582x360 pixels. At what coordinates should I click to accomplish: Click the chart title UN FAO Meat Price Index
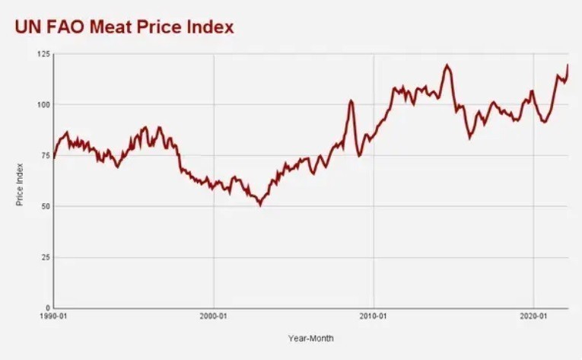pyautogui.click(x=123, y=27)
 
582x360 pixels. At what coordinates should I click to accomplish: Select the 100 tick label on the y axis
pyautogui.click(x=44, y=104)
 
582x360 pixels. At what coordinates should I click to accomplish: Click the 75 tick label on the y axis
pyautogui.click(x=46, y=155)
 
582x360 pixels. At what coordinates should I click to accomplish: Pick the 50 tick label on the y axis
pyautogui.click(x=46, y=206)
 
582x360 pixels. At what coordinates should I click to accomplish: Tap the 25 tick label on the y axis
pyautogui.click(x=46, y=257)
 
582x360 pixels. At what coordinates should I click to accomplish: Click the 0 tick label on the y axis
pyautogui.click(x=47, y=308)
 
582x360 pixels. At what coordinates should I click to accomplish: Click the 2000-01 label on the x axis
pyautogui.click(x=213, y=316)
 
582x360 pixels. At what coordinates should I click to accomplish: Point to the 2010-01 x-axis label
pyautogui.click(x=373, y=316)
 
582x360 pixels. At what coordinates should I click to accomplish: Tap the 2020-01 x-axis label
pyautogui.click(x=533, y=316)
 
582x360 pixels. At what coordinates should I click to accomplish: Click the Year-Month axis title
pyautogui.click(x=310, y=338)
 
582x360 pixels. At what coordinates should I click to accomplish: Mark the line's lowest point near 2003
pyautogui.click(x=260, y=205)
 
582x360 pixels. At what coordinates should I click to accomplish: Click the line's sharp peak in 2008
pyautogui.click(x=351, y=100)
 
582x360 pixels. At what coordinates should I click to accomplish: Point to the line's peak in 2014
pyautogui.click(x=447, y=65)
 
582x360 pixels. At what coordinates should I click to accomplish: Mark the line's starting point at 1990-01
pyautogui.click(x=53, y=157)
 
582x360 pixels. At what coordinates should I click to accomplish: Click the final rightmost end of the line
pyautogui.click(x=568, y=65)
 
